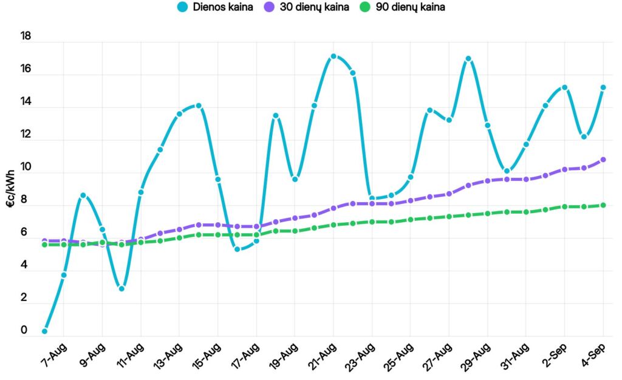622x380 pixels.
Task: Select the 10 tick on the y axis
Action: (x=25, y=168)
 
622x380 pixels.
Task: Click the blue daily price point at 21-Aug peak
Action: (x=333, y=56)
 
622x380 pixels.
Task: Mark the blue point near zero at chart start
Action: (x=45, y=331)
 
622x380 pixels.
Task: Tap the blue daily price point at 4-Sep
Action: (x=603, y=87)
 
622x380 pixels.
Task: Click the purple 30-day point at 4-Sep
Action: (x=603, y=160)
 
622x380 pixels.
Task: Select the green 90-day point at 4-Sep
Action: (x=603, y=205)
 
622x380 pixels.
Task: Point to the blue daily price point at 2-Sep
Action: (x=564, y=87)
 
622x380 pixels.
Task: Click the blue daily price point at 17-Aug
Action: (x=256, y=241)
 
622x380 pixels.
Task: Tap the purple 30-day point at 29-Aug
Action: (x=487, y=181)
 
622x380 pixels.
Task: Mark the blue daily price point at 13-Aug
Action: (x=179, y=114)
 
